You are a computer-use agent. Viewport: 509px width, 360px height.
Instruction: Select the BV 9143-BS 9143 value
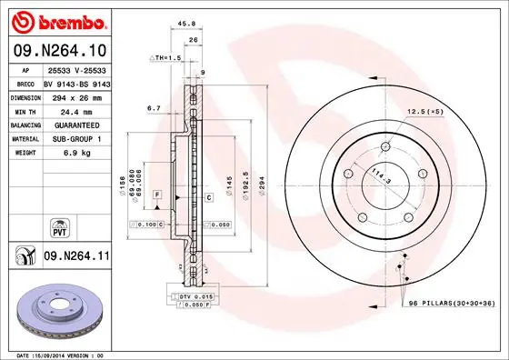click(x=75, y=82)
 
